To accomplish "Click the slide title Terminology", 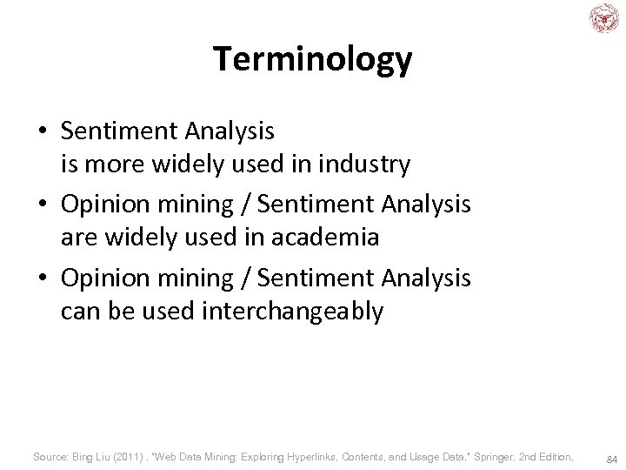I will [x=313, y=59].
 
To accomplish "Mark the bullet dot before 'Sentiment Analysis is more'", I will [x=43, y=132].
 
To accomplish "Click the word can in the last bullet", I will [x=79, y=312].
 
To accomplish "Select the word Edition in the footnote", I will [x=555, y=456].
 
